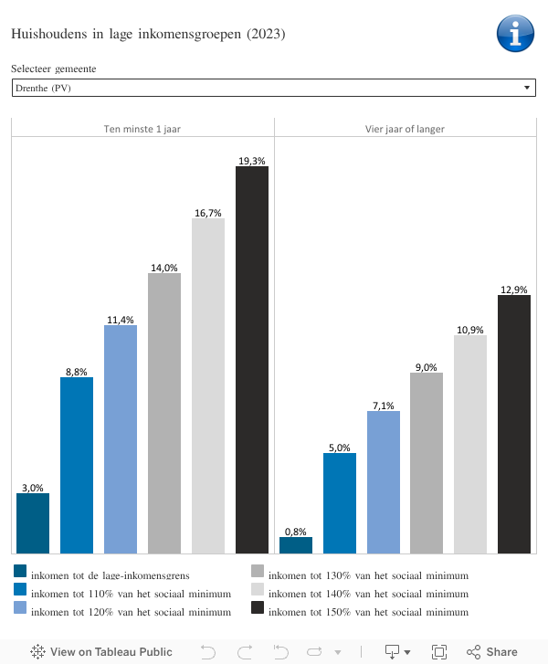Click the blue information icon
pos(515,33)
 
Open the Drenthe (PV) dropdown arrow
pos(527,88)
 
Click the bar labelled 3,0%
pos(33,523)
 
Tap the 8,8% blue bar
pos(77,465)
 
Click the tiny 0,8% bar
pos(296,545)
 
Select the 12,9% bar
pos(514,424)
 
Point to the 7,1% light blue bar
pos(384,482)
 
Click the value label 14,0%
pos(164,268)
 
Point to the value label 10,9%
pos(470,330)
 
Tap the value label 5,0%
pos(340,448)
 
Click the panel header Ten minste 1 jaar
pos(142,129)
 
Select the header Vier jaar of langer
pos(405,129)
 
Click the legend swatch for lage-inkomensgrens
pos(20,573)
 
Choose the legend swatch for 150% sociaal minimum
pos(258,608)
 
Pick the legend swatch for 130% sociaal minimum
pos(258,573)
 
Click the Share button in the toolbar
pos(492,652)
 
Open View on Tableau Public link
pos(101,652)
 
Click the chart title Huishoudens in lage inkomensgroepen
pos(148,35)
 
